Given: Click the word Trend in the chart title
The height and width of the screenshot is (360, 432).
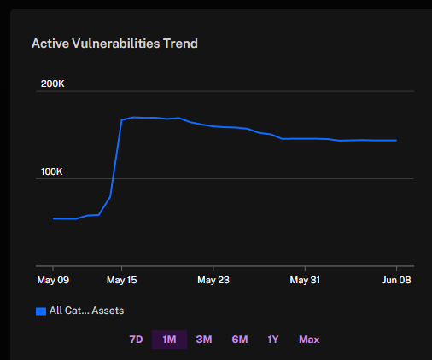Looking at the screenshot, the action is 180,44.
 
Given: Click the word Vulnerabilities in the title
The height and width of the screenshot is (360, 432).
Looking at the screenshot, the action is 116,44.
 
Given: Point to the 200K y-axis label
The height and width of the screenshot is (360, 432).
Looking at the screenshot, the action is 53,84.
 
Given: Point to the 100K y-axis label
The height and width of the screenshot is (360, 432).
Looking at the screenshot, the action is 51,171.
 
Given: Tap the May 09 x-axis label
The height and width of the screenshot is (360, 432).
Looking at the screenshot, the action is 53,280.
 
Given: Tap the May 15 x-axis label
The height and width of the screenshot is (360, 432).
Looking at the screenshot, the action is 122,280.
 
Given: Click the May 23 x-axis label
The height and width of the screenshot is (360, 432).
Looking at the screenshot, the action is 213,280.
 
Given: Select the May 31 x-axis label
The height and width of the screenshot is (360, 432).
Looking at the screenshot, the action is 305,280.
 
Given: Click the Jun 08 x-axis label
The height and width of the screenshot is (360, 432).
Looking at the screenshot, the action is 396,280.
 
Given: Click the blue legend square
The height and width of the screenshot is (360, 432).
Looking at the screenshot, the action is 41,311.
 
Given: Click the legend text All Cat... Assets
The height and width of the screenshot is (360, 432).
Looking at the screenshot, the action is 86,311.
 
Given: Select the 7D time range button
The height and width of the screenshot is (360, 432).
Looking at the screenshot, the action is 136,340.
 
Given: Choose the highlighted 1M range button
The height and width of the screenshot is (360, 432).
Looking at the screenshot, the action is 169,340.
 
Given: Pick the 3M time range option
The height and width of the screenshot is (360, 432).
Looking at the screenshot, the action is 204,340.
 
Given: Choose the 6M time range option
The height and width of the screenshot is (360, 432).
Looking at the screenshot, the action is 240,340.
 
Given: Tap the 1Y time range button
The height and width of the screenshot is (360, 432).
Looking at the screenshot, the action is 273,340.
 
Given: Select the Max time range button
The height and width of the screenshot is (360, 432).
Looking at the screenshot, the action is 309,340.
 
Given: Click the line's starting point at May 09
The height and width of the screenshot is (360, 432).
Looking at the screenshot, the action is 54,218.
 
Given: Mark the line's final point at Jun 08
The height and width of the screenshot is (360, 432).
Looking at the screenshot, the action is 396,140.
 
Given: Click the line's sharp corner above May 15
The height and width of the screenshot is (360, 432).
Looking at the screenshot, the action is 122,120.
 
